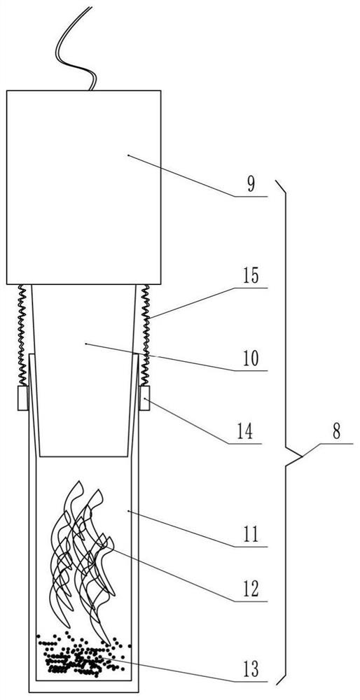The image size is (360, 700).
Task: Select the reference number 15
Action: (251, 276)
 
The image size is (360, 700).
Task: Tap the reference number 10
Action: (251, 359)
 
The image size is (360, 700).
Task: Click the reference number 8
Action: (336, 432)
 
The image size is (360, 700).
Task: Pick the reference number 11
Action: (251, 535)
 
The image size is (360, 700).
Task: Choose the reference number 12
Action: (251, 589)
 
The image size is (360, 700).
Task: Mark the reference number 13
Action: (251, 670)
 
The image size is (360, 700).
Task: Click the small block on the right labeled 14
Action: (145, 398)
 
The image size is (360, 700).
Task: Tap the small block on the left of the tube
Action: (23, 398)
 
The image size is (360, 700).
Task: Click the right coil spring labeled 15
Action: (145, 335)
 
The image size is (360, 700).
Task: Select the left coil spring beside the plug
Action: (22, 335)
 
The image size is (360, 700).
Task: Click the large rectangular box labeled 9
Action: (83, 188)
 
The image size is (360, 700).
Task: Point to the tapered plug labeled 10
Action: (83, 370)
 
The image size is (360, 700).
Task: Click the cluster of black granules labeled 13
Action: (83, 654)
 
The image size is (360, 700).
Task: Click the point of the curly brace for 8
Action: (302, 456)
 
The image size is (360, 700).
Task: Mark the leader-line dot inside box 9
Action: (128, 155)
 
